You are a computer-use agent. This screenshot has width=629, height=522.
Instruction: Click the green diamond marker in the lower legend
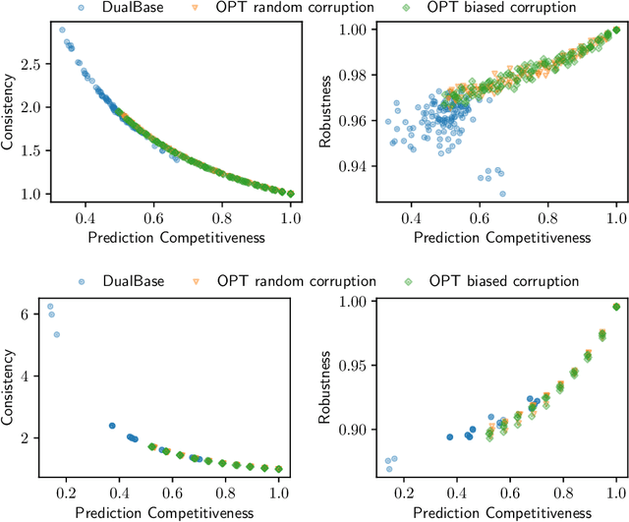[417, 282]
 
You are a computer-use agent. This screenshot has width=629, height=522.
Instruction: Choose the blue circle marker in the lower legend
[79, 282]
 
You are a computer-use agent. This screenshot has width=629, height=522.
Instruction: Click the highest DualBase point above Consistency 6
[50, 307]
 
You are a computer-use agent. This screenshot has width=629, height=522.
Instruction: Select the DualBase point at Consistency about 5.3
[56, 334]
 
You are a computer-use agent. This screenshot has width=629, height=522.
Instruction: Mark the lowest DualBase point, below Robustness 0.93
[502, 194]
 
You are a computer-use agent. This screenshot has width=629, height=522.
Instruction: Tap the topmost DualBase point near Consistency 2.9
[63, 30]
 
